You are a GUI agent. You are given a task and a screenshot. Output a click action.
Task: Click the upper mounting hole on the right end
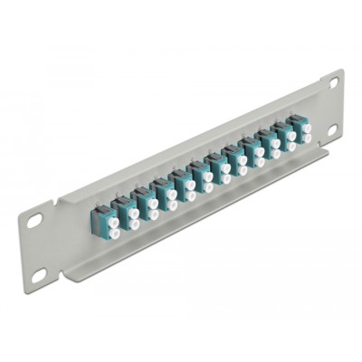(333, 83)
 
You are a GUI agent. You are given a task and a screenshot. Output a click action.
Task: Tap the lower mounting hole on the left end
(38, 273)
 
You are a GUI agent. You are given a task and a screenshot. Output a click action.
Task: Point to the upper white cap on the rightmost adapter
(306, 129)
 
